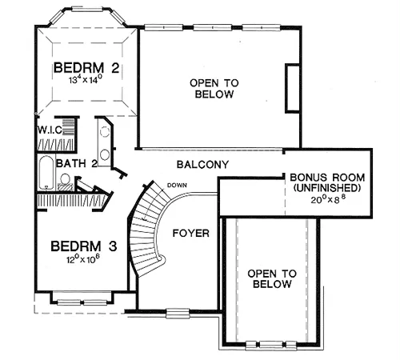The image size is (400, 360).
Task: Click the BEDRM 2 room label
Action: click(86, 68)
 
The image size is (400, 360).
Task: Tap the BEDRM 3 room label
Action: click(84, 246)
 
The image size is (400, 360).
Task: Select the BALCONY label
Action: click(202, 165)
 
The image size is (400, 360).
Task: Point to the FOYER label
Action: click(191, 234)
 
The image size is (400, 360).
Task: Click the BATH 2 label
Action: click(77, 163)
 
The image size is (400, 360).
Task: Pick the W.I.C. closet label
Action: click(50, 130)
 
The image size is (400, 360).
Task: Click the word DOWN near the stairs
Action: click(177, 185)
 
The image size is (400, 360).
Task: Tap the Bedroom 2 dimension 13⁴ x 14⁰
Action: click(86, 79)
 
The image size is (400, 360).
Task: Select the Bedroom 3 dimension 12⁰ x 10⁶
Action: click(83, 259)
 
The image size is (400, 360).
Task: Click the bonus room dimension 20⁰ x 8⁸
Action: click(328, 199)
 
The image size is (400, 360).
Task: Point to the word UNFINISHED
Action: click(327, 188)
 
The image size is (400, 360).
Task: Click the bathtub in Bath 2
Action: click(46, 173)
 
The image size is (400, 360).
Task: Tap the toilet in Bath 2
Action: click(65, 182)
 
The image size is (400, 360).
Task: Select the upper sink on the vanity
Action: click(105, 132)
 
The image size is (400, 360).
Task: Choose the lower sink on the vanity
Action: click(105, 155)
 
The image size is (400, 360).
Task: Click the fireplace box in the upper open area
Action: click(293, 88)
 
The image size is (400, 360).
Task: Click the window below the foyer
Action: click(178, 313)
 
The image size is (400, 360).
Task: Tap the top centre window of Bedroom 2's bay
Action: click(87, 10)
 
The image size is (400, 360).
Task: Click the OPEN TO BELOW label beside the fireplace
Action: click(214, 89)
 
